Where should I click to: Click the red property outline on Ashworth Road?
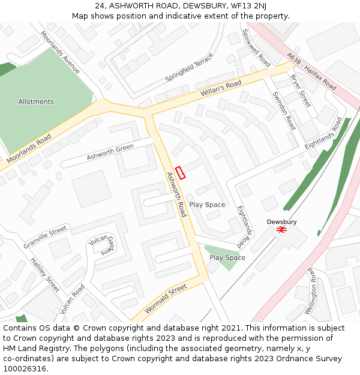[181, 172]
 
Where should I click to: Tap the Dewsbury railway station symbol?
[281, 230]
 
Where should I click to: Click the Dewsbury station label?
[281, 222]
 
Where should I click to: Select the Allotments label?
[36, 102]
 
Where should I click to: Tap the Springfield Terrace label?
[189, 68]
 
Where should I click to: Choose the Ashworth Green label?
[110, 152]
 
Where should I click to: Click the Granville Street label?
[45, 238]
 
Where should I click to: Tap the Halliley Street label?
[46, 275]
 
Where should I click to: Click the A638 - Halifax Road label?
[311, 71]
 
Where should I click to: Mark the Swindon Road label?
[284, 110]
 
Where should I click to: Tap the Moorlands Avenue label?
[60, 52]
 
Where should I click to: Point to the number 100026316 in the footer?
[25, 368]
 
